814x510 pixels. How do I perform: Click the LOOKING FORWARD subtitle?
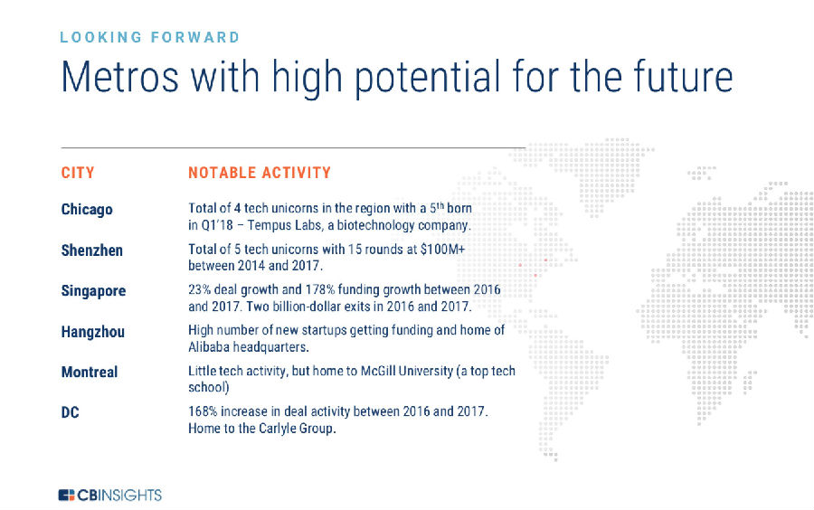[x=149, y=37]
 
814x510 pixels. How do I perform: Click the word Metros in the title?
[x=120, y=77]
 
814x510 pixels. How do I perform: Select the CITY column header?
[x=78, y=172]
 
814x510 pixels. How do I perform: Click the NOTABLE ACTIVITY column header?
[x=260, y=172]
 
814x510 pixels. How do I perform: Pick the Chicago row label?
[x=87, y=210]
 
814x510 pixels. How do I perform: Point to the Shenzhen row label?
[x=92, y=250]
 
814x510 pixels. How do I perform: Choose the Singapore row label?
[x=93, y=291]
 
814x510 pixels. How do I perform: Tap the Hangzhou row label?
[x=93, y=332]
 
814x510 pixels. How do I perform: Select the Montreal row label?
[x=90, y=372]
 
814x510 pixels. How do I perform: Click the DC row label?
[x=70, y=412]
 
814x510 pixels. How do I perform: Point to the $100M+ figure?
[x=442, y=249]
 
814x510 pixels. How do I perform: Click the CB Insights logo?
[x=110, y=495]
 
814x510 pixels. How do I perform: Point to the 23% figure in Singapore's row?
[x=199, y=289]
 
